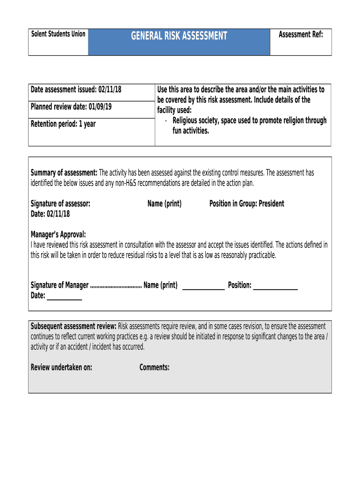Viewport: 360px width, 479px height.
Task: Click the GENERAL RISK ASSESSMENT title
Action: [179, 36]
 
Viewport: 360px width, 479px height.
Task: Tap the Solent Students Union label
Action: [58, 34]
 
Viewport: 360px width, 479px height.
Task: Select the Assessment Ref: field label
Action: [301, 35]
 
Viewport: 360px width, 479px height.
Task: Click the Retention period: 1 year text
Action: [63, 124]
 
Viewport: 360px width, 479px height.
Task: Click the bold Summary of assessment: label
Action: [64, 173]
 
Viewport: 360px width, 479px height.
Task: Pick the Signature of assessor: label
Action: [60, 204]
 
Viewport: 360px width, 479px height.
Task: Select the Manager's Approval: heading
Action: [58, 235]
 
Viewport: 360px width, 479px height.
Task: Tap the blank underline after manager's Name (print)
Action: [203, 287]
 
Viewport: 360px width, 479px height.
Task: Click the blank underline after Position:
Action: [275, 287]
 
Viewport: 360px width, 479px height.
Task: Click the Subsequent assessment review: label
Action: [73, 326]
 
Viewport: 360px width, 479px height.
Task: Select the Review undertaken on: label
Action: [61, 368]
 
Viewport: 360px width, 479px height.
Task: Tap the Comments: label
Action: [154, 368]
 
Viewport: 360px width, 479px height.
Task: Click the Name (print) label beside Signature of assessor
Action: [164, 204]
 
